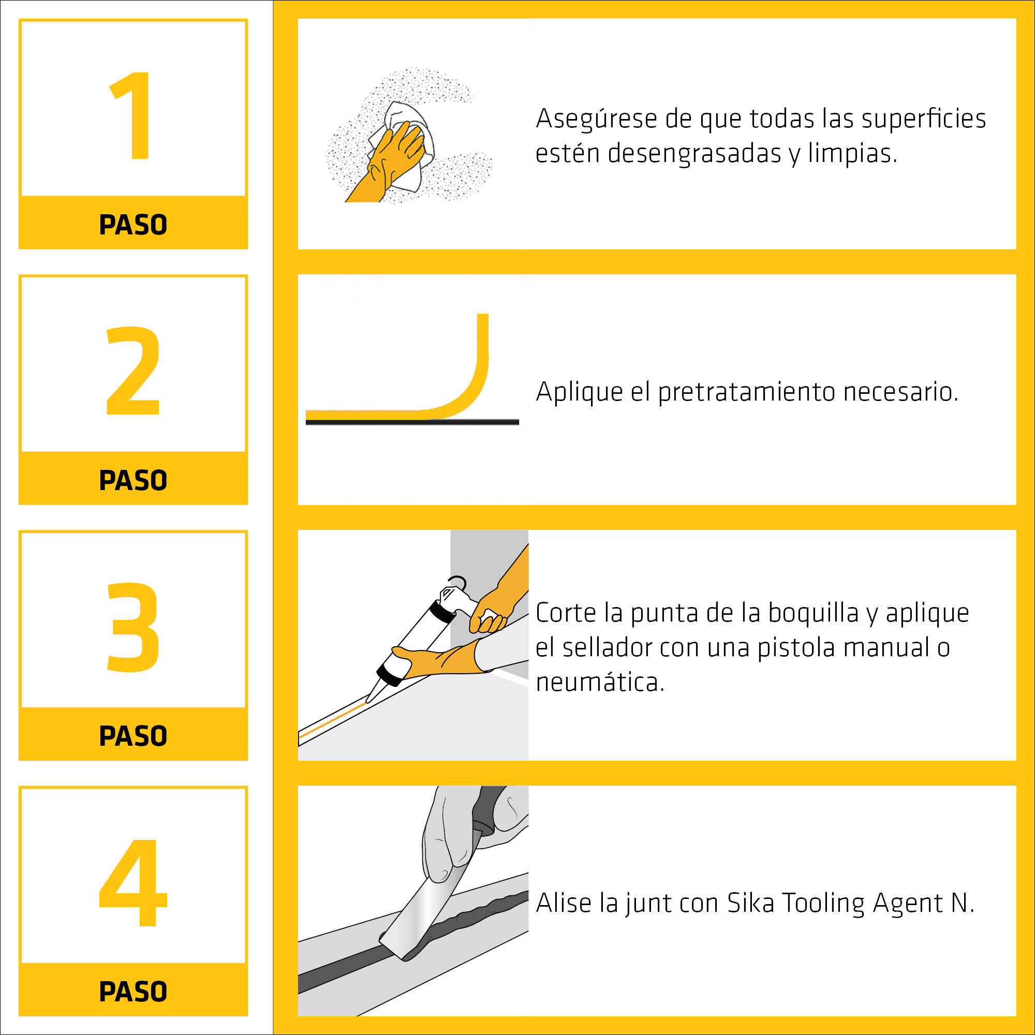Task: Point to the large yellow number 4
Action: click(x=134, y=882)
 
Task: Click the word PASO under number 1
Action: click(x=134, y=225)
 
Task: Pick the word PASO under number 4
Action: click(x=134, y=992)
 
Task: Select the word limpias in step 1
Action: click(x=852, y=154)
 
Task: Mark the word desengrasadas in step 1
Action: click(x=694, y=154)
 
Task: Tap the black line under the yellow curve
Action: click(x=412, y=422)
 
